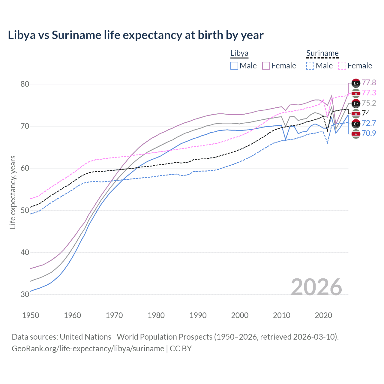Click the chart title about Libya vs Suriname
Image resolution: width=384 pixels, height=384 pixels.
(x=136, y=35)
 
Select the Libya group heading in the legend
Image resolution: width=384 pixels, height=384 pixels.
(x=239, y=53)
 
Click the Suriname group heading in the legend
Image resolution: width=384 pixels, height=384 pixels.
(x=322, y=53)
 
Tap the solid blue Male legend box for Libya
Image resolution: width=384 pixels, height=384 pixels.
(x=234, y=66)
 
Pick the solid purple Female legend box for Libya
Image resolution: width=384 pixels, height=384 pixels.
(x=266, y=66)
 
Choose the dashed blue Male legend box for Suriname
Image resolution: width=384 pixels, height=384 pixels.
(x=310, y=66)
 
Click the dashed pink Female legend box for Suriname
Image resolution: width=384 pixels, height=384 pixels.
(x=342, y=66)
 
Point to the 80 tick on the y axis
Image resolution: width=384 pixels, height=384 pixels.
(x=25, y=84)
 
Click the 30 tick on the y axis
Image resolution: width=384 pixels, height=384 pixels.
(x=25, y=294)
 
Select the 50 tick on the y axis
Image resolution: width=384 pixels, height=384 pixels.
(x=25, y=210)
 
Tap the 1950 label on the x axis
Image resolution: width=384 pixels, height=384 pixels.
(x=31, y=315)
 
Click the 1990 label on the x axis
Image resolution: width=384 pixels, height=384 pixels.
(x=198, y=315)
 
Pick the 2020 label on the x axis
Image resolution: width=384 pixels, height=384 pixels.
(x=323, y=315)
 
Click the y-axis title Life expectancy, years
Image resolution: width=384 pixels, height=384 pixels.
(x=13, y=192)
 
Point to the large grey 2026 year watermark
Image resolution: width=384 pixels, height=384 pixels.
(x=316, y=287)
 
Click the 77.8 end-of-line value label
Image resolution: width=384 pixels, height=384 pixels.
(x=369, y=83)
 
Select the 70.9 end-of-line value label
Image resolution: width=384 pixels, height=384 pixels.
(x=369, y=133)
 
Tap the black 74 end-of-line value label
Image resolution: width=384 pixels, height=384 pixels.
(x=366, y=113)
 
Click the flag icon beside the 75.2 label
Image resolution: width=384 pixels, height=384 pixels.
(x=356, y=103)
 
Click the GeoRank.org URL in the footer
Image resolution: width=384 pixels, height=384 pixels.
(x=88, y=349)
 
